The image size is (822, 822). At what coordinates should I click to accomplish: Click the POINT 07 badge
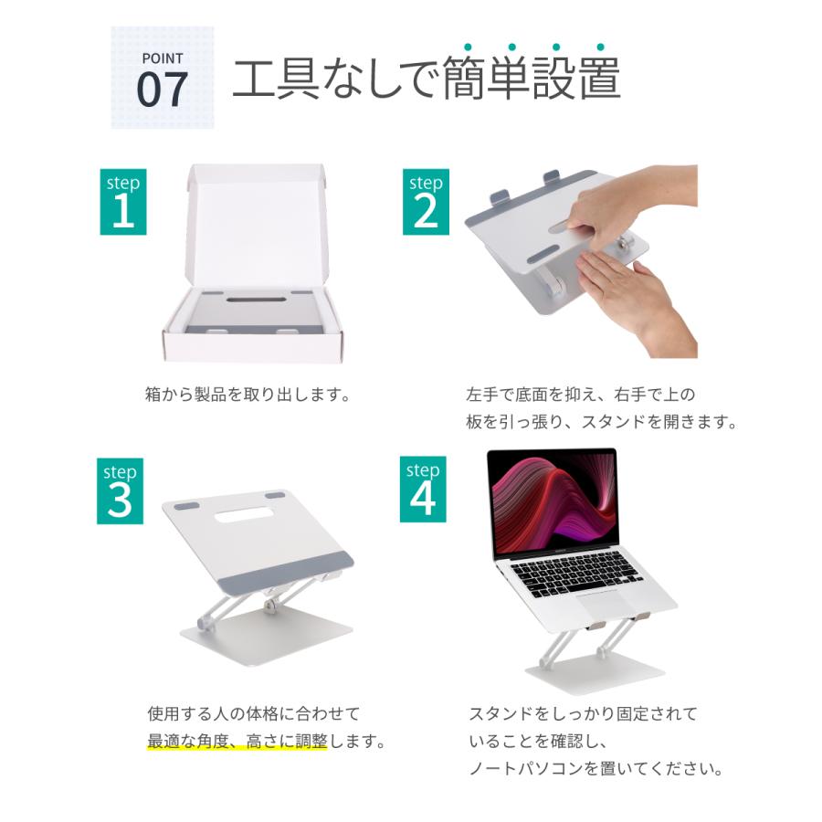[163, 78]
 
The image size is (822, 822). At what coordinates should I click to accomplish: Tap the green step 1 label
[123, 202]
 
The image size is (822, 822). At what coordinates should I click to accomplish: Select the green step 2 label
[426, 202]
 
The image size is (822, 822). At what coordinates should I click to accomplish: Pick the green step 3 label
[120, 491]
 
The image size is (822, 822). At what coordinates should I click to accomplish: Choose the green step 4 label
[423, 490]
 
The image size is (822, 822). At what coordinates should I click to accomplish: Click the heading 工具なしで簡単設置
[427, 78]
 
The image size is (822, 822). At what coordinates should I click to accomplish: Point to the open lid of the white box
[257, 226]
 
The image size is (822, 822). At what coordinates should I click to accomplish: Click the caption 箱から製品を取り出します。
[248, 395]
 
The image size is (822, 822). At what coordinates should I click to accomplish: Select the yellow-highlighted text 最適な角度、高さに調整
[237, 742]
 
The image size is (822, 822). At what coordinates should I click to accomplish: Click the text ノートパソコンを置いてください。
[595, 769]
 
